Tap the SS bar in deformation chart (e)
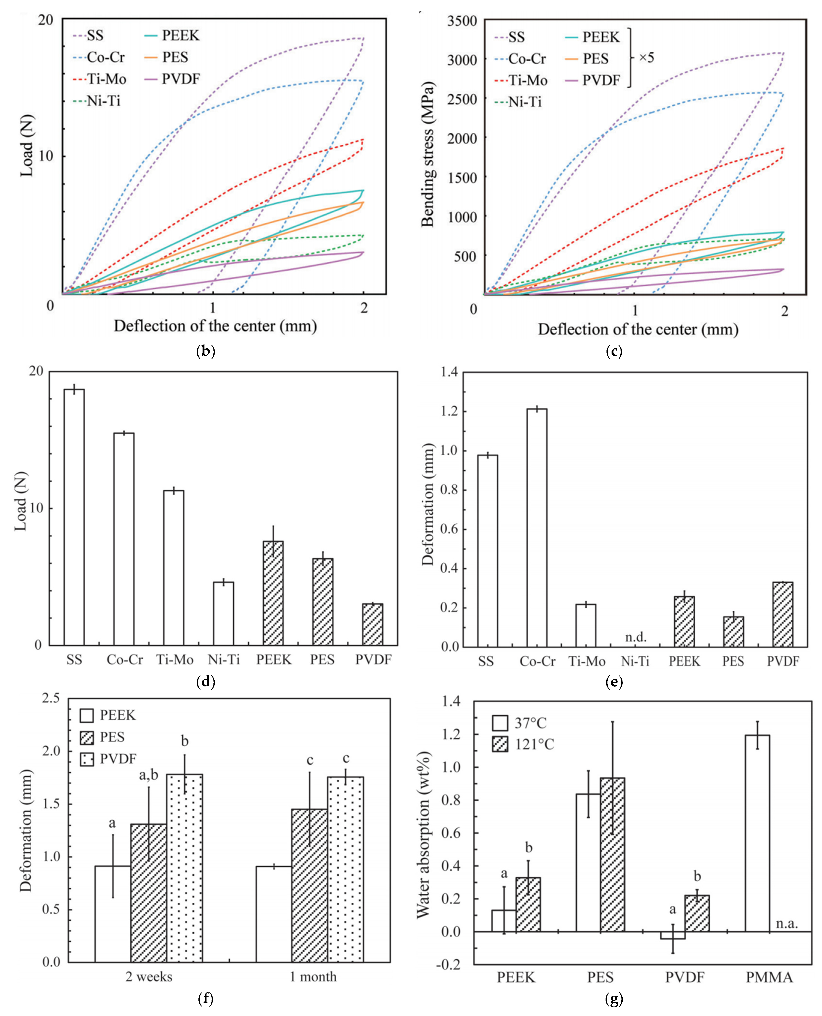coord(487,551)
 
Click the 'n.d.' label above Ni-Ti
coord(635,637)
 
